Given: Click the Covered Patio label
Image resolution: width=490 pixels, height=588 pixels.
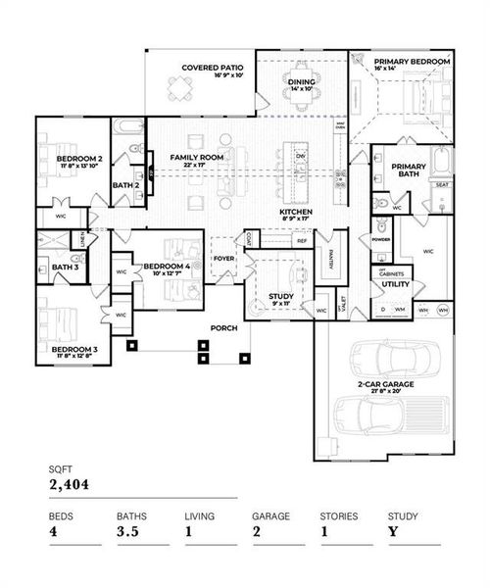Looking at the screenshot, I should pos(205,68).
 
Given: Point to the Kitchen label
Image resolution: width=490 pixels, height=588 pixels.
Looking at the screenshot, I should pos(295,212).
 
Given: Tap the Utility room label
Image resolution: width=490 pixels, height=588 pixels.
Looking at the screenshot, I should pos(396,283).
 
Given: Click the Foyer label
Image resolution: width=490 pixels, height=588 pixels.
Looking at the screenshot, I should pos(224,260).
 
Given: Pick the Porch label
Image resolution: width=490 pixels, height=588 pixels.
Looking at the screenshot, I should pos(223,328).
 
